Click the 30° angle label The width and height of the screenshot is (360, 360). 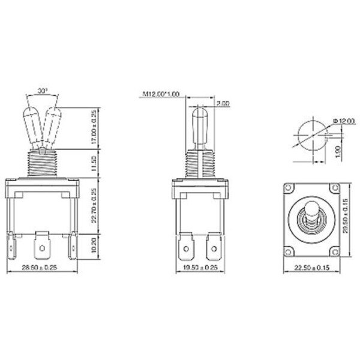43,91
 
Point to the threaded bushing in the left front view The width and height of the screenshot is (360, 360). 43,163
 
